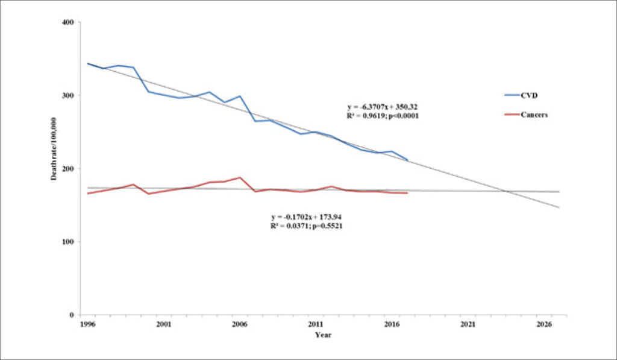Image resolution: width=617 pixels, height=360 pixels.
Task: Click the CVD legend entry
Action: [521, 96]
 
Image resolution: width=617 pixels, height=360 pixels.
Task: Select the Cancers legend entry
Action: [526, 115]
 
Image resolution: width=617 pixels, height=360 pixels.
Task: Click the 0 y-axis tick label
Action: [72, 315]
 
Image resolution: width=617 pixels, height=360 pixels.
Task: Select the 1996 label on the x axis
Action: [87, 324]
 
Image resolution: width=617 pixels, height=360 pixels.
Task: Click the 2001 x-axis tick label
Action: [163, 324]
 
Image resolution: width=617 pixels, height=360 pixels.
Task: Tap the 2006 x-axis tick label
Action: [239, 324]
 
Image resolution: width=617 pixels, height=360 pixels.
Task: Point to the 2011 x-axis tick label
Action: [316, 324]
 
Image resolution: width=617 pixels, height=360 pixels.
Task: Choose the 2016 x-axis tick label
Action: [392, 324]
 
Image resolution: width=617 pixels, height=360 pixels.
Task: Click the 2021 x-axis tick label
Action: [468, 324]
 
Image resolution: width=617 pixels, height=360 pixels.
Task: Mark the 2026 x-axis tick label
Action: [544, 324]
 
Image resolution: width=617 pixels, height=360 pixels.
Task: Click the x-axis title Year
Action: [323, 335]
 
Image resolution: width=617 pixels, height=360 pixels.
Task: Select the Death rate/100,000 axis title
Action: [54, 149]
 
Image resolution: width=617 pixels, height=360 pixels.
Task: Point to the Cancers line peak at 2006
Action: [239, 178]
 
